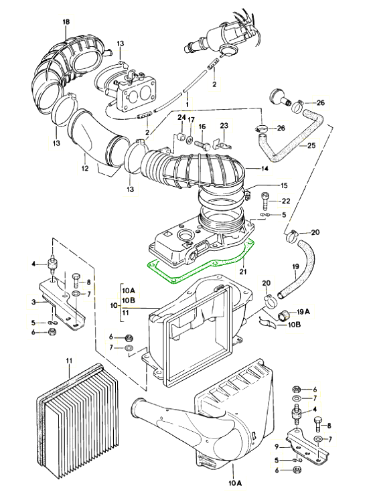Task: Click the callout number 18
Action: click(x=66, y=22)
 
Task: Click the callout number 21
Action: click(x=243, y=271)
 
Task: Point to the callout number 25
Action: click(x=311, y=145)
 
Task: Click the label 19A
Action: click(x=303, y=312)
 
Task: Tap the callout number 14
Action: click(x=265, y=168)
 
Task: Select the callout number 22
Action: click(x=286, y=201)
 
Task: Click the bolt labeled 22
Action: click(x=265, y=201)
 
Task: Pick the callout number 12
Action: click(x=85, y=168)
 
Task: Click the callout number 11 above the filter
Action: click(x=69, y=360)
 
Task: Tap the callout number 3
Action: click(x=33, y=302)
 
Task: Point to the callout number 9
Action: click(x=277, y=447)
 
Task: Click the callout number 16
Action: click(x=202, y=127)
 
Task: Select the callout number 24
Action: click(x=181, y=117)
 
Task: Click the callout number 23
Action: click(x=224, y=126)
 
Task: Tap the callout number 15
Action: click(x=284, y=185)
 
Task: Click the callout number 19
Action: click(x=295, y=266)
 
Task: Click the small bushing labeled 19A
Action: click(x=283, y=315)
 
